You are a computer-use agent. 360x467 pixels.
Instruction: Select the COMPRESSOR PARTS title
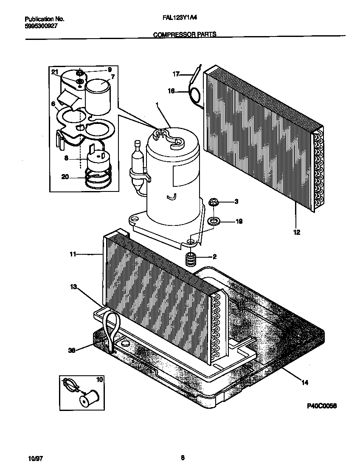coord(184,35)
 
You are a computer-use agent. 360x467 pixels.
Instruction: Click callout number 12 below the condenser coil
coord(296,232)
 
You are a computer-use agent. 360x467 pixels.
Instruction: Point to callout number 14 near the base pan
coord(305,383)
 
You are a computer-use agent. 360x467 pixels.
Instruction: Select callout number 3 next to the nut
coord(236,201)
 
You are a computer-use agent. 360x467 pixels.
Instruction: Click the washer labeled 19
coord(214,221)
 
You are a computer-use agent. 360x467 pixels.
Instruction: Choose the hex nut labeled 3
coord(213,201)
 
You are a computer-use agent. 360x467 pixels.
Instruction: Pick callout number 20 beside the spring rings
coord(65,177)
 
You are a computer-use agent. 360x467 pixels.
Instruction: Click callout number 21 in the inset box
coord(54,72)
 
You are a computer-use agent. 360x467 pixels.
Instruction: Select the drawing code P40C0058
coord(322,406)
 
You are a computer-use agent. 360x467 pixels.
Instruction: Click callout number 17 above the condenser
coord(176,74)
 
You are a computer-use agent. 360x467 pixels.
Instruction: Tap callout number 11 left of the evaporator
coord(73,254)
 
